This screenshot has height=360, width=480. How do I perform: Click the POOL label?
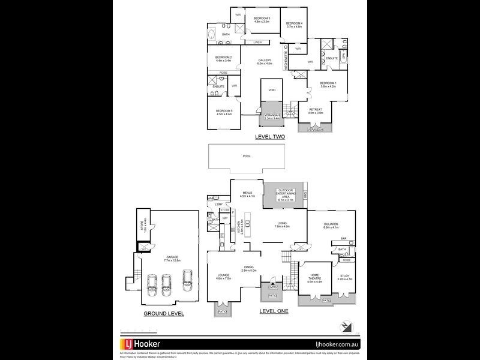coord(247,156)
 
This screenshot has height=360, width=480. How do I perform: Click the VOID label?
coord(271,90)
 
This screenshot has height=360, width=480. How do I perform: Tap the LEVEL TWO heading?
coord(270,137)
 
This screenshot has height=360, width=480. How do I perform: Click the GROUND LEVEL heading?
coord(164,314)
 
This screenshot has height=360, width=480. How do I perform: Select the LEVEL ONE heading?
coord(274,311)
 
